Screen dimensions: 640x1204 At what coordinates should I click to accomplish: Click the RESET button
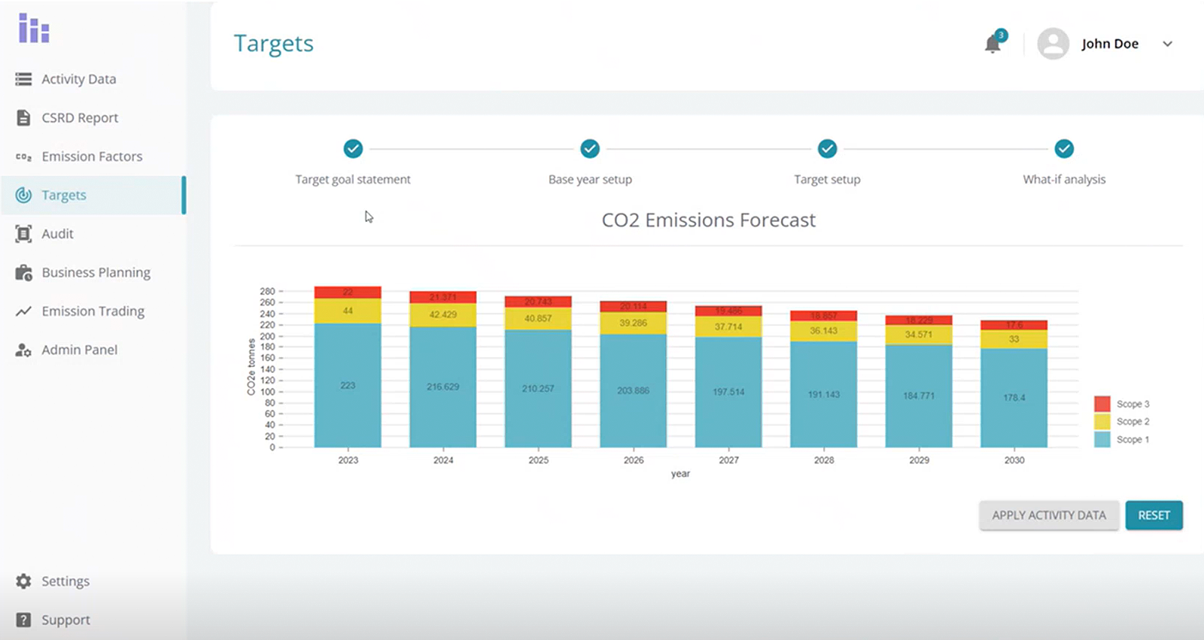click(x=1154, y=515)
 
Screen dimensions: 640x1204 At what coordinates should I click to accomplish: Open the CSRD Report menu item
click(x=80, y=118)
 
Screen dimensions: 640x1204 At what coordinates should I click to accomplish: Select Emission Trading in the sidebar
click(x=93, y=311)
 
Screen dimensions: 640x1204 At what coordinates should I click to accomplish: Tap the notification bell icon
click(x=993, y=44)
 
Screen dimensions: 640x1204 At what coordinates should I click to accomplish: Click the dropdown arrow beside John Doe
click(x=1167, y=44)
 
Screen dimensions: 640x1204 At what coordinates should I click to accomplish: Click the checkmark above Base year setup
click(x=590, y=149)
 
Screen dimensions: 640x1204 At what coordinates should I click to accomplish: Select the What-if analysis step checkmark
click(x=1063, y=149)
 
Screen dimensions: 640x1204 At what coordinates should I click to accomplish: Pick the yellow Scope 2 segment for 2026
click(x=633, y=323)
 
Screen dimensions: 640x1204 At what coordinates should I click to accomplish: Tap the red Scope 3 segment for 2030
click(x=1014, y=325)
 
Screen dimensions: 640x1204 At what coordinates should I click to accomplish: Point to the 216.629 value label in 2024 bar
click(x=442, y=387)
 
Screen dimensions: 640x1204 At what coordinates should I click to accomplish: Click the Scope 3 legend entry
click(x=1121, y=404)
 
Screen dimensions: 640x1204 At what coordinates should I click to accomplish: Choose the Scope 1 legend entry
click(x=1121, y=439)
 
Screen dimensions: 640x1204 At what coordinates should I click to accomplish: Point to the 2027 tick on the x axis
click(x=728, y=460)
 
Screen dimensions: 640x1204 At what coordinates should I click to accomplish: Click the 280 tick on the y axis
click(x=267, y=291)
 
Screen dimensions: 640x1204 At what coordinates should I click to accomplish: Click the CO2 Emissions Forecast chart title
click(x=708, y=220)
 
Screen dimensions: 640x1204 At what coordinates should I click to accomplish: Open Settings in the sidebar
click(x=65, y=581)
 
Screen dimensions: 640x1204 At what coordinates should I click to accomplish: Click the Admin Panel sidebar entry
click(x=79, y=350)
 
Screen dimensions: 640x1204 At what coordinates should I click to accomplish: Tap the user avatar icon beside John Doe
click(x=1053, y=44)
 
